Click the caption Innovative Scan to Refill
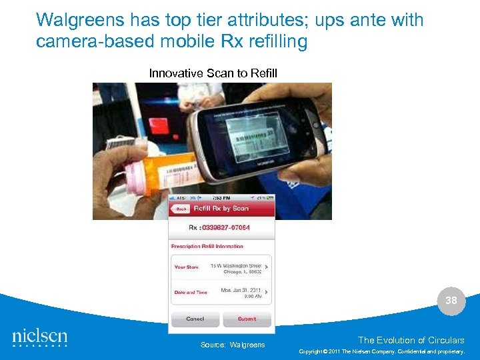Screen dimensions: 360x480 213,73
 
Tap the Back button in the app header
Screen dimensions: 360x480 179,209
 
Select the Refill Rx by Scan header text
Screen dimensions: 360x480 221,209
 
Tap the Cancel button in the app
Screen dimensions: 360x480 195,319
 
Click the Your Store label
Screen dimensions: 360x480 187,267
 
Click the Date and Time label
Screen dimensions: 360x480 191,292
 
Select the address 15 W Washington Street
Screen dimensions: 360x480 235,265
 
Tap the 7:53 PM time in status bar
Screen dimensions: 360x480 221,198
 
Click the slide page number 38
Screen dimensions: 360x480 451,301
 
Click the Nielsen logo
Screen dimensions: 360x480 40,337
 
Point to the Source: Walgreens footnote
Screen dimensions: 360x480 233,345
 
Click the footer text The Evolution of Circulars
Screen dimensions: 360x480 410,340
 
